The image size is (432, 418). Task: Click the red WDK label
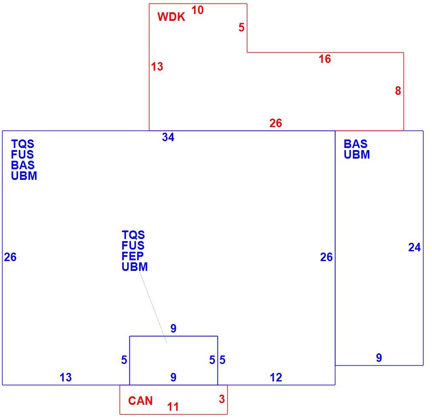171,17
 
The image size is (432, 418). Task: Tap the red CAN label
140,401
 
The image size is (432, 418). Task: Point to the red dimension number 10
197,10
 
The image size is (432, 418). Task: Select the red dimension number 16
325,59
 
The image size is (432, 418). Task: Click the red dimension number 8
398,91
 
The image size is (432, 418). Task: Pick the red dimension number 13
157,67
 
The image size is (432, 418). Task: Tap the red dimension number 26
276,123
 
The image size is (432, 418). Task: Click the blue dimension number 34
168,137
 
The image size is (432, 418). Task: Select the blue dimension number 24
415,247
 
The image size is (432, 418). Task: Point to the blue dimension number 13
66,378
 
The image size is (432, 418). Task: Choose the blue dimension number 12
276,378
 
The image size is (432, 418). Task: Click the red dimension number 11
173,407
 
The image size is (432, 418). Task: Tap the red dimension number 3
222,399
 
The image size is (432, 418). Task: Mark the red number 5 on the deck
241,28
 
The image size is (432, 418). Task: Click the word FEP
132,256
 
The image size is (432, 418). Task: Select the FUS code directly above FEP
133,245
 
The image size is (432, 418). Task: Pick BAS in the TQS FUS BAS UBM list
23,165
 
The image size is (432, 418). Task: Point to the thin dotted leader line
153,307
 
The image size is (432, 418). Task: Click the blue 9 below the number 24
379,358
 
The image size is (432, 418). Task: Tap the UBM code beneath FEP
134,267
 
